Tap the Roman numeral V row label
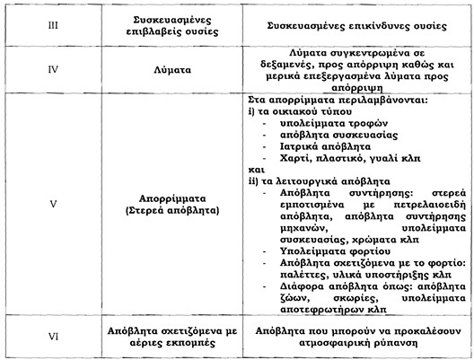point(53,204)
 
